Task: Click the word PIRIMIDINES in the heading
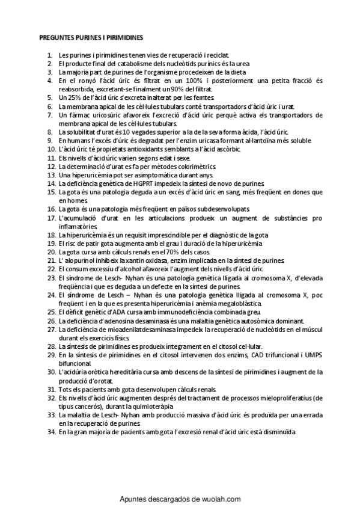123,37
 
